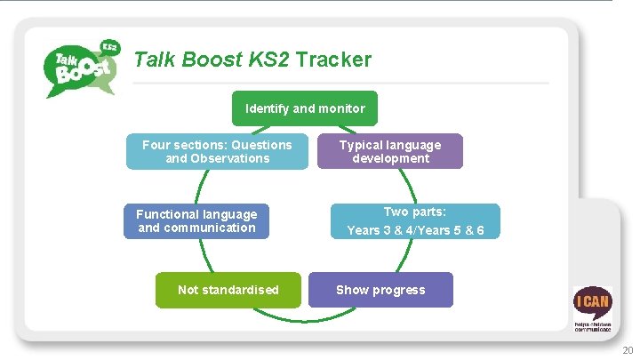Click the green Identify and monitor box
305,108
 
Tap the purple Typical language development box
390,151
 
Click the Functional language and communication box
196,220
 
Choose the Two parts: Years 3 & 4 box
415,221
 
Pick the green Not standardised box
228,290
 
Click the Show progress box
380,290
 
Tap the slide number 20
628,350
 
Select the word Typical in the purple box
361,145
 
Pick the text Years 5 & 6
454,230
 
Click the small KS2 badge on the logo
109,45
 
